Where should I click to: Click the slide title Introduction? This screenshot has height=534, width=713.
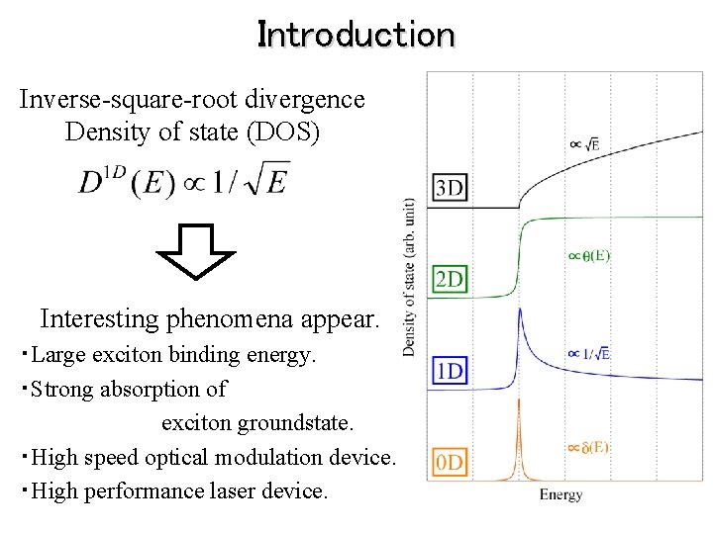(x=356, y=36)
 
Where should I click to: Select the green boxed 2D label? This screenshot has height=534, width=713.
(x=450, y=280)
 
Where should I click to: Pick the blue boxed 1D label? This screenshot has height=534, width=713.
(x=450, y=372)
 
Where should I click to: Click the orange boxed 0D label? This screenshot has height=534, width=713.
(x=450, y=461)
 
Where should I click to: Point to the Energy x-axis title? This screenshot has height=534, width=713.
(x=560, y=495)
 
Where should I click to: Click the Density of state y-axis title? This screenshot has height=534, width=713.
(x=410, y=277)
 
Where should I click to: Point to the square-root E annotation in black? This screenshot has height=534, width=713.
(x=584, y=145)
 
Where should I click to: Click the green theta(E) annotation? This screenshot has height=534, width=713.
(x=588, y=256)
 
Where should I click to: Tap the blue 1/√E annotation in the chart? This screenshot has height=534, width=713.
(x=588, y=353)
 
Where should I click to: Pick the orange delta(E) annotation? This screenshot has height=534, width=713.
(x=588, y=447)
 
